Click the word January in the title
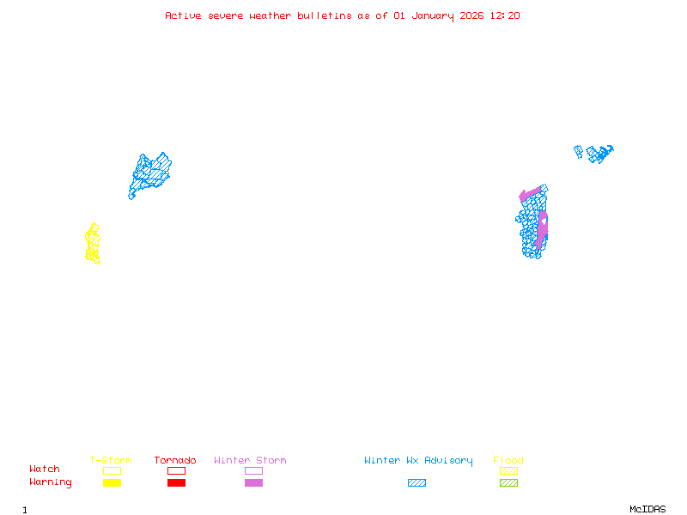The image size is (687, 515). point(433,16)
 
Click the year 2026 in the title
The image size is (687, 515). point(471,15)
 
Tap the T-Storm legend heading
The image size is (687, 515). point(111,460)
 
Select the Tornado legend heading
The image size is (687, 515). point(175,460)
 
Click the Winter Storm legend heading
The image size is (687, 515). point(250,460)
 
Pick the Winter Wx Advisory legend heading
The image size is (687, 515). point(418,461)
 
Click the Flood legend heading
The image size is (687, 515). point(508,460)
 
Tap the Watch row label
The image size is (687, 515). point(45,469)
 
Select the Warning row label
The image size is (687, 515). point(51,482)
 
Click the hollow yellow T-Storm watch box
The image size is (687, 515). point(112,470)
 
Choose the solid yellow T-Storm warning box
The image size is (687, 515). point(112,482)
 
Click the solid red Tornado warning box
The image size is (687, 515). point(177,482)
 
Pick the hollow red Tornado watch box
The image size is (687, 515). point(177,470)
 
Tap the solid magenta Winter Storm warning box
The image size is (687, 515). point(253,482)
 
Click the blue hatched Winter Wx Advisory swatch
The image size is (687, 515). point(416,482)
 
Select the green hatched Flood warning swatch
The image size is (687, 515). point(508,482)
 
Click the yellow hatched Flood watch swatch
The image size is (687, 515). point(508,470)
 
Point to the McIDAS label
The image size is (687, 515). point(647,509)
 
